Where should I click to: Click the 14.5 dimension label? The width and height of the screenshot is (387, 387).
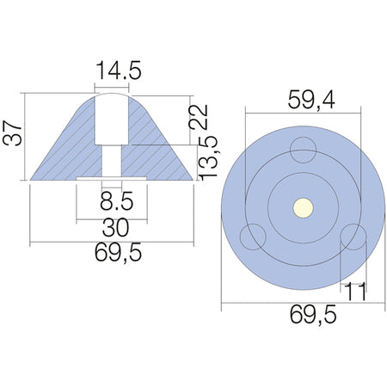pos(119,71)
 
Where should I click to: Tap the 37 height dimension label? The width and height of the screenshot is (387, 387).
pos(13,133)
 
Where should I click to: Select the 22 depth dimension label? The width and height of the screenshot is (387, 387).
pos(198,117)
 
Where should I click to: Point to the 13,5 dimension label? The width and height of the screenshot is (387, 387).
pos(208,158)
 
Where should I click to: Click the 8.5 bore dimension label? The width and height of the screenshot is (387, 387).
pos(117,201)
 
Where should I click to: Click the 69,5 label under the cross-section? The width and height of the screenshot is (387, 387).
pos(119,253)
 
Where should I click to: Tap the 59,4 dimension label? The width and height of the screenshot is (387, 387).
pos(311,100)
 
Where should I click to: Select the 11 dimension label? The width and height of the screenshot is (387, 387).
pos(355,292)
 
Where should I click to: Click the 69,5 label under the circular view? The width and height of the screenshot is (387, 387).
pos(313,315)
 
